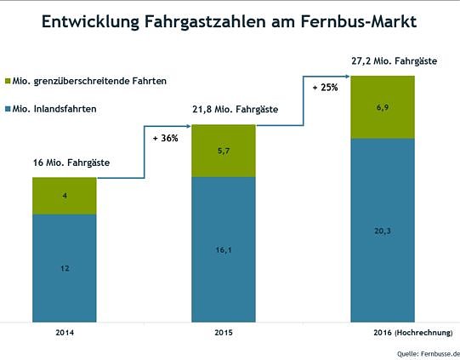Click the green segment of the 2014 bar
[64, 196]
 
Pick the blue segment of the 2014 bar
[64, 268]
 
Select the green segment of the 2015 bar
[223, 151]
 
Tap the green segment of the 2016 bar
[383, 106]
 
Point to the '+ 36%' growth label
[165, 138]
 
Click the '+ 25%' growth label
[325, 88]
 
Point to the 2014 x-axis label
[64, 333]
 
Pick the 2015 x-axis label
[223, 333]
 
